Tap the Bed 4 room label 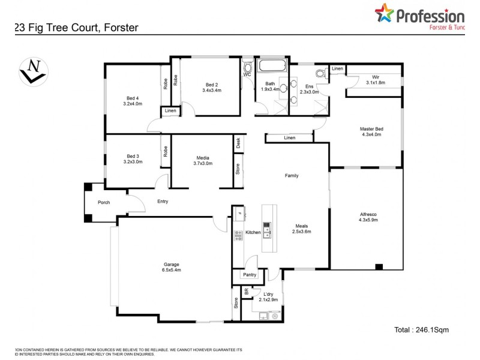[x=133, y=98]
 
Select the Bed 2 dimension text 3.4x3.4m [x=211, y=91]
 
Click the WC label [x=247, y=75]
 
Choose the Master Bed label [x=371, y=128]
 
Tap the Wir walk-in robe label [x=376, y=77]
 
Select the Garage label [x=172, y=265]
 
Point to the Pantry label [x=250, y=275]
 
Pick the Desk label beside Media [x=238, y=143]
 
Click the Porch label [x=104, y=202]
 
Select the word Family [x=292, y=176]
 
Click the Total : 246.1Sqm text [x=421, y=329]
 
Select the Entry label [x=163, y=202]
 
